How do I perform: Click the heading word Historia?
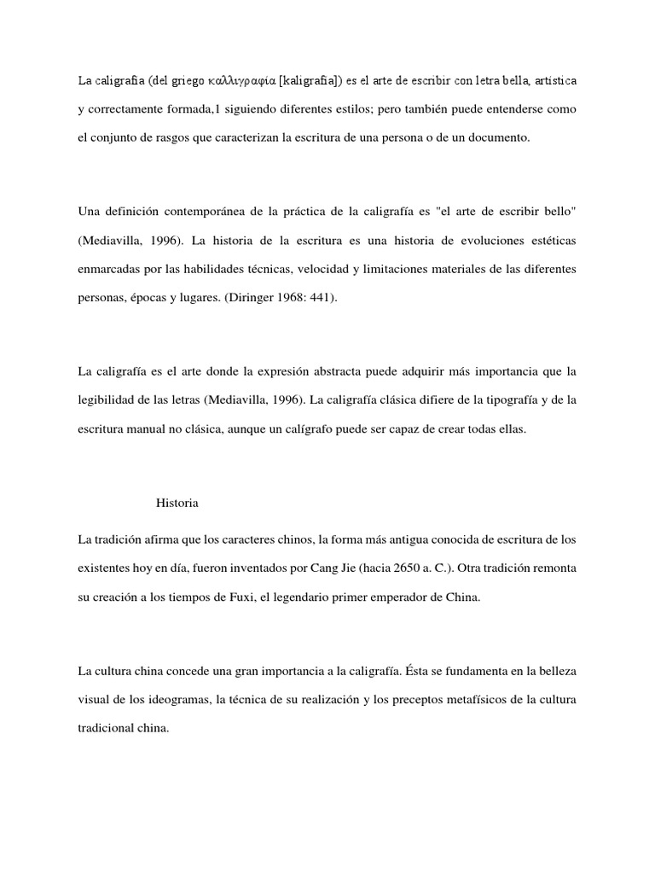(x=177, y=503)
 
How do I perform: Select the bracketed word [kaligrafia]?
(x=312, y=81)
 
